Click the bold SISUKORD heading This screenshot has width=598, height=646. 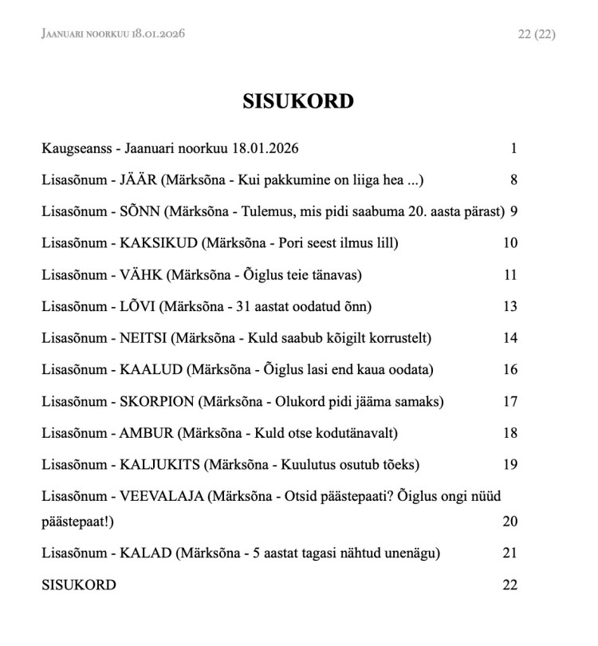coord(298,102)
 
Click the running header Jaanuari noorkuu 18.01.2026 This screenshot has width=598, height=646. coord(114,33)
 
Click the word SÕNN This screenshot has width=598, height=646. coord(140,211)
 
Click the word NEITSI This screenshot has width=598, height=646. coord(144,338)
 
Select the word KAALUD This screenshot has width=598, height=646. coord(148,369)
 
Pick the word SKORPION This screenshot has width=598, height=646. coord(155,401)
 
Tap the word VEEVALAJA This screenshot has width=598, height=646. coord(158,496)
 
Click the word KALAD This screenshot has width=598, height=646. coord(141,553)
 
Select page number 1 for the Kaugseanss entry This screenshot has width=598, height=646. coord(514,148)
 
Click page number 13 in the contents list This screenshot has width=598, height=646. coord(510,306)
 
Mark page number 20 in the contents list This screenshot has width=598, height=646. coord(510,522)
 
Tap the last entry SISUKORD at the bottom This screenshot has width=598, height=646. coord(79,585)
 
